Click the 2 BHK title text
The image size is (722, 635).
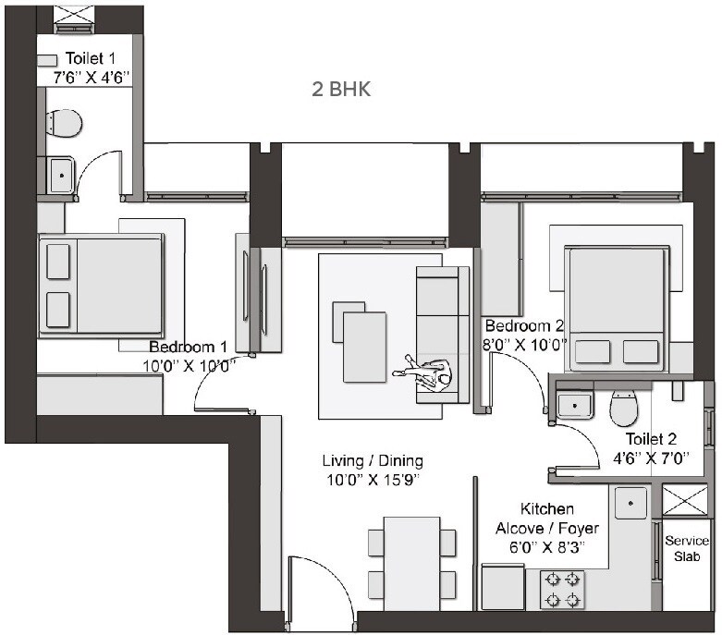[342, 90]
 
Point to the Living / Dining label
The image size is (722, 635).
[373, 460]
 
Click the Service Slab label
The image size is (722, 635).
[686, 549]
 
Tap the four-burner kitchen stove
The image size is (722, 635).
[561, 589]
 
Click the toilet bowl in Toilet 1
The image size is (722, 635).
[64, 122]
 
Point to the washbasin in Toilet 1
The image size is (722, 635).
[61, 174]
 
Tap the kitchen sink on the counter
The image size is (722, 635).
[633, 504]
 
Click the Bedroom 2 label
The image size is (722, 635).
[523, 325]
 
